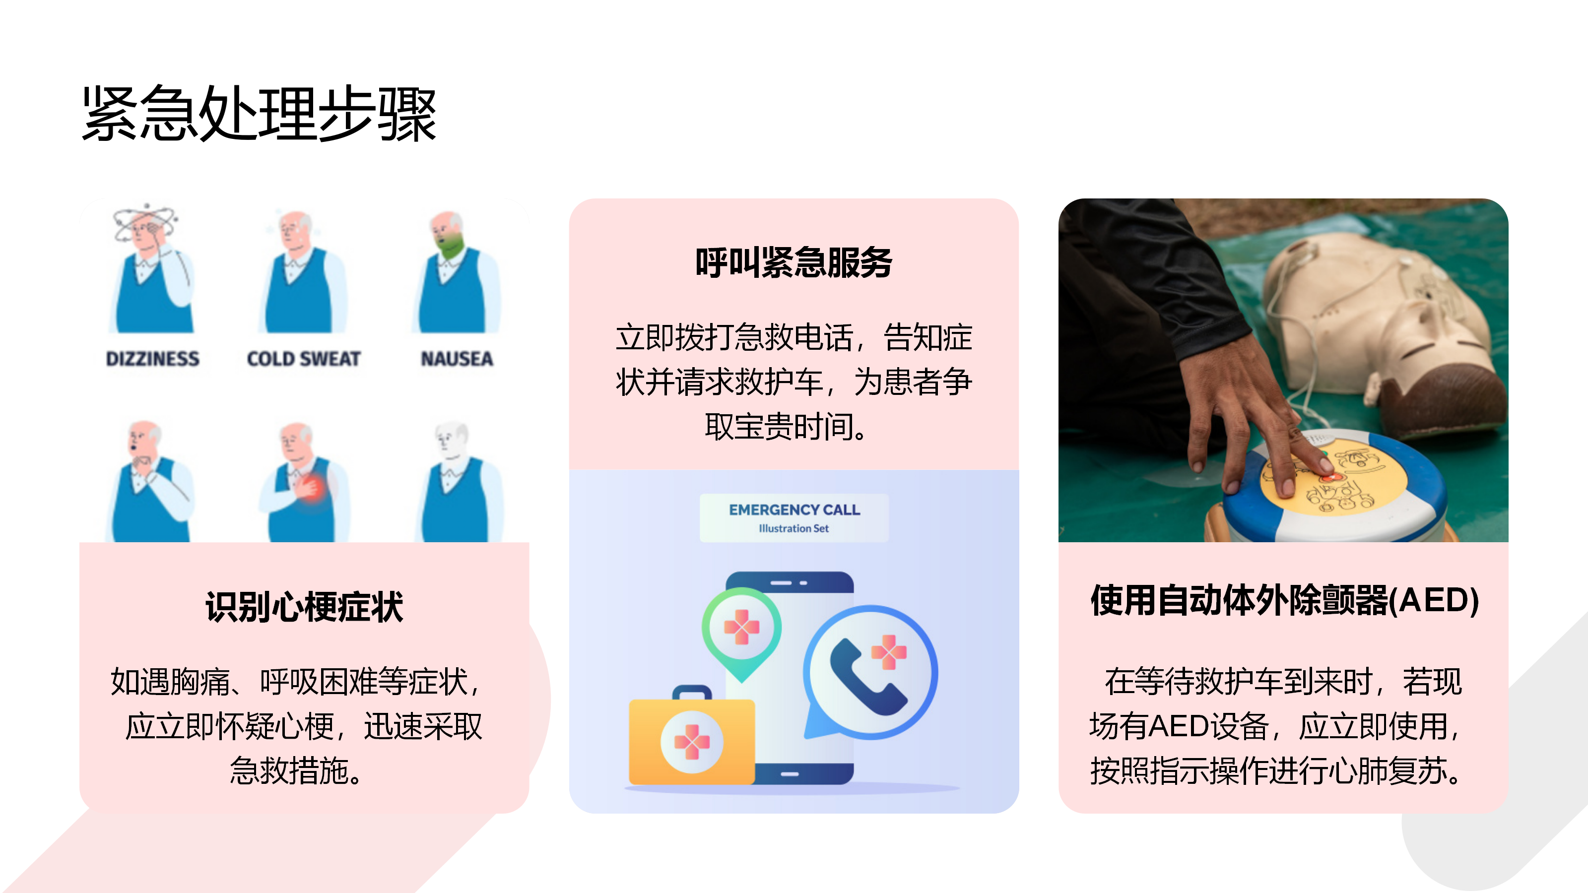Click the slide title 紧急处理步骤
(x=260, y=114)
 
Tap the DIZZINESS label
(x=152, y=359)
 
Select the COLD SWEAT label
(x=304, y=359)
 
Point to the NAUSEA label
(x=457, y=359)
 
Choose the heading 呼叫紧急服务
(x=794, y=262)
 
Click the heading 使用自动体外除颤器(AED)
(x=1284, y=600)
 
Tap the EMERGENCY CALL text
(x=794, y=510)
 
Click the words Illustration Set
(x=794, y=528)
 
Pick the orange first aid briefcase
(x=692, y=736)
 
